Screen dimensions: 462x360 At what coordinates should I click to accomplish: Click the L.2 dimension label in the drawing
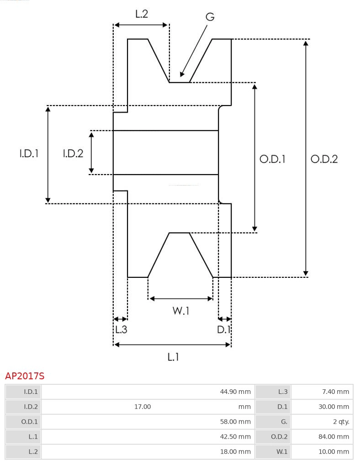(141, 14)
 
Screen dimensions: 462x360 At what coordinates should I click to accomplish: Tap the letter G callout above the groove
(210, 17)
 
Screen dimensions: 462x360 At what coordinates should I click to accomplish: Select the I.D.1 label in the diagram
(28, 154)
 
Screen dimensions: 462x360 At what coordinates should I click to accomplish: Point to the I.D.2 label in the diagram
(73, 154)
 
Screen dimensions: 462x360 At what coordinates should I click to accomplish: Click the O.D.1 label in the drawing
(272, 159)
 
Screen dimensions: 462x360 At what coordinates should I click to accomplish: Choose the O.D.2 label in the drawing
(324, 159)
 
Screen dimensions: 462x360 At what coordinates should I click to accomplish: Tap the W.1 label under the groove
(180, 311)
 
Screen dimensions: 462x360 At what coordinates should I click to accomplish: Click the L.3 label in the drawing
(121, 329)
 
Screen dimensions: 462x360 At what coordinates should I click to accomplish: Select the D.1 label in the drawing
(224, 329)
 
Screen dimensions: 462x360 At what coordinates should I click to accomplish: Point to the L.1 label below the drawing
(173, 357)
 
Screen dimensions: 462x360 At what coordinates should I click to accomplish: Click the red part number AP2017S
(25, 376)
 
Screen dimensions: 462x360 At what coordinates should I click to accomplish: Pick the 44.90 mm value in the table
(235, 392)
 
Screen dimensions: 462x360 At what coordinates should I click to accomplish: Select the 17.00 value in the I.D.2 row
(143, 407)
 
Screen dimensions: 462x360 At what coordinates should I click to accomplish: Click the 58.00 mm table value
(235, 422)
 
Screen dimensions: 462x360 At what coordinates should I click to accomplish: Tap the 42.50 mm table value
(235, 437)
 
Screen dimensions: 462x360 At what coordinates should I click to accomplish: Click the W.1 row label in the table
(281, 452)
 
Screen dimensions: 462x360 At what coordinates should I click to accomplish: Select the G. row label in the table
(284, 422)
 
